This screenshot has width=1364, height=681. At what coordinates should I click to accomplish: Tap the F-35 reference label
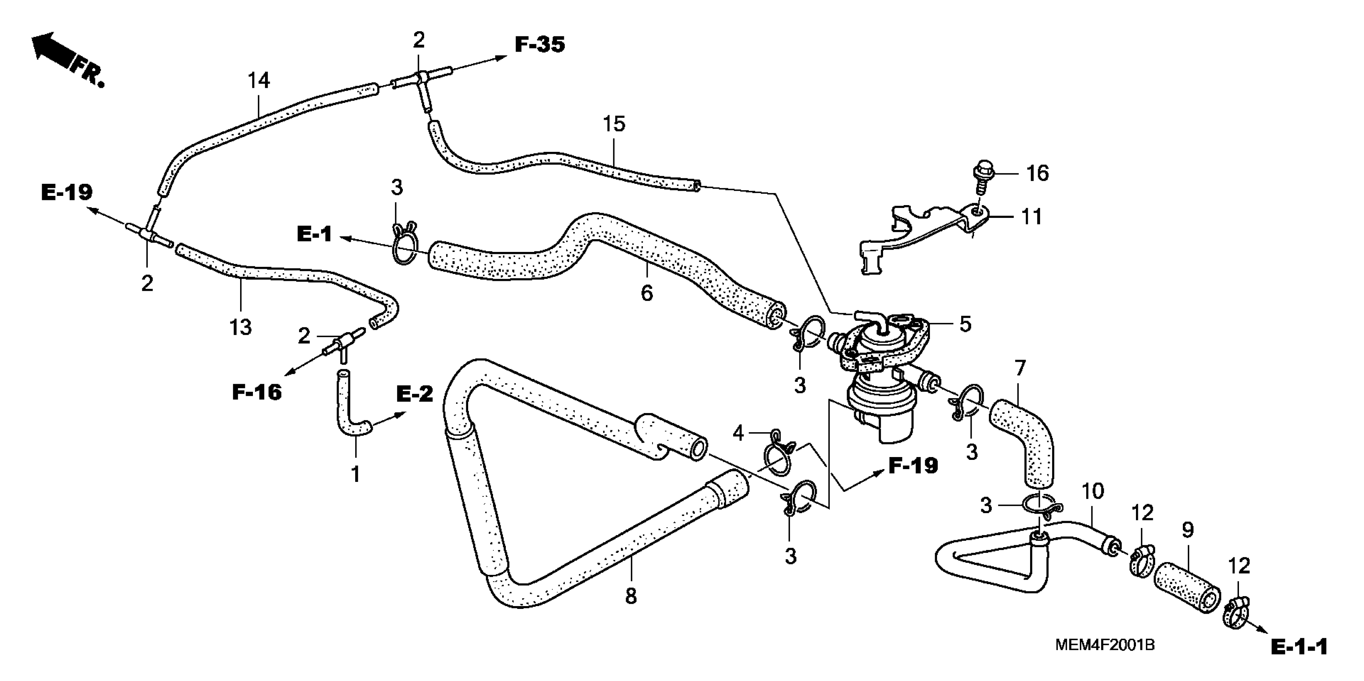(540, 45)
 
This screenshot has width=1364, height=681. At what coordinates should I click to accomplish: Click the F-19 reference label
(913, 465)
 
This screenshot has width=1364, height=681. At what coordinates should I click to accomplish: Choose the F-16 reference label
(257, 392)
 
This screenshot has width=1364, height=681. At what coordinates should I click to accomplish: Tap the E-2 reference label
(414, 394)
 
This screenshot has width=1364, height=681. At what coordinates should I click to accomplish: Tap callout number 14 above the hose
(259, 81)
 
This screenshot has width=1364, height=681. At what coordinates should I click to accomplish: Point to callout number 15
(614, 124)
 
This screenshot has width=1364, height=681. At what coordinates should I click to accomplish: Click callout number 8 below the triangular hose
(630, 597)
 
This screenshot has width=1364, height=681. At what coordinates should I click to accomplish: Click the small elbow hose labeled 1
(350, 418)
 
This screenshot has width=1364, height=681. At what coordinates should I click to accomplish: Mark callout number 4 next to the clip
(738, 433)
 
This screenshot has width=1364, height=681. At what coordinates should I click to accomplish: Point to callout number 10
(1092, 492)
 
